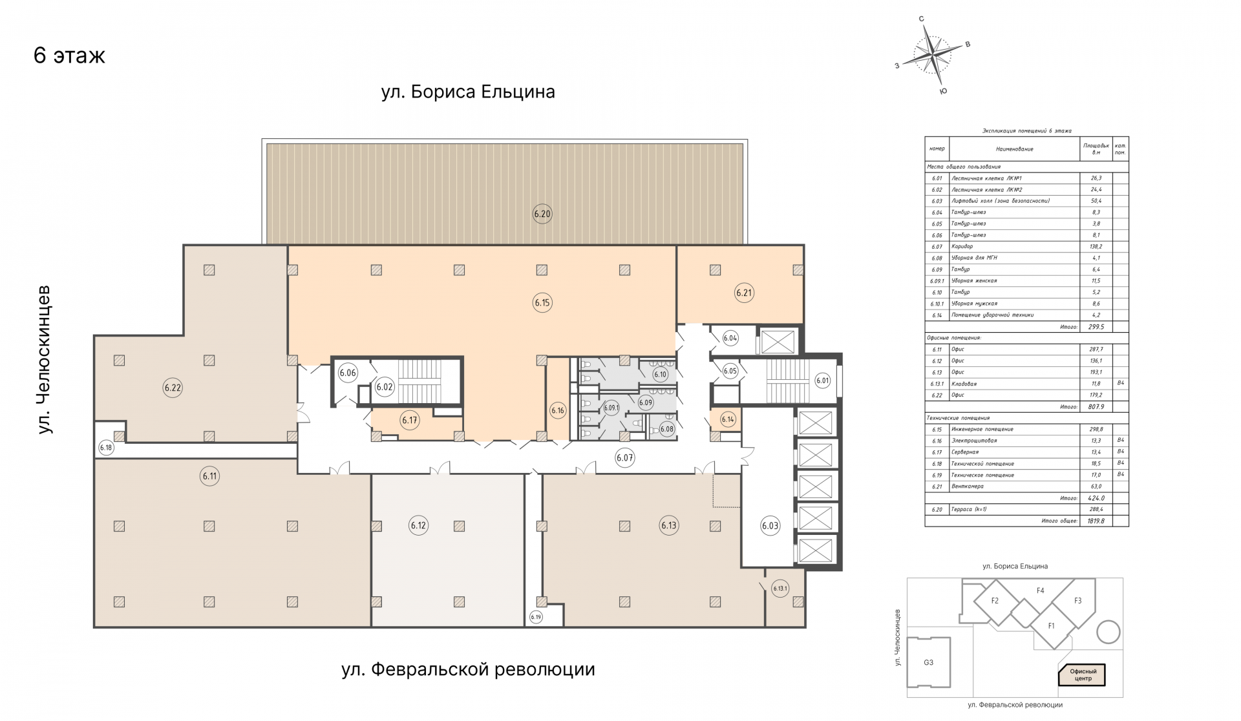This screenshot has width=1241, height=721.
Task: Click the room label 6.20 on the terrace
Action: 542,214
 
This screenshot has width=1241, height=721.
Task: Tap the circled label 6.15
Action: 542,302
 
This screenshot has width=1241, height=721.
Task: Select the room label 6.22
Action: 173,388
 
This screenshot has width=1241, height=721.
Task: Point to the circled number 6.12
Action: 418,525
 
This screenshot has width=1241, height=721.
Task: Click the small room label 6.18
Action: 106,447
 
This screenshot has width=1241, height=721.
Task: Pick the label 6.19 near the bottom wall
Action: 536,617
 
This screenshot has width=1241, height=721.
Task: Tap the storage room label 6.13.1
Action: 781,588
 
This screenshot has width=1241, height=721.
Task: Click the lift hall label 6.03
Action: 770,525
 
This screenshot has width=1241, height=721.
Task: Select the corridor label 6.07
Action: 625,458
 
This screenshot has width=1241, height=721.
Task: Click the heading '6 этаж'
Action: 69,56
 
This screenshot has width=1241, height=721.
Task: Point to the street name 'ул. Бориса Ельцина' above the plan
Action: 468,92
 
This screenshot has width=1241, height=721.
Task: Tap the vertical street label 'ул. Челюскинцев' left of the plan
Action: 44,359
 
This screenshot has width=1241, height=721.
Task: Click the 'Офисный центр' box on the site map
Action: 1083,675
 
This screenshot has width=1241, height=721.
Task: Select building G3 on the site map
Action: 928,662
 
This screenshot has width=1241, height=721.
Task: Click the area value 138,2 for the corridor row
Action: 1096,247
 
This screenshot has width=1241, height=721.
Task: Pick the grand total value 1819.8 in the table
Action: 1096,521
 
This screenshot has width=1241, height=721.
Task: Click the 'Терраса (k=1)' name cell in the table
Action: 969,509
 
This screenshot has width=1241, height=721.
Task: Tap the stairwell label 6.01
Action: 822,381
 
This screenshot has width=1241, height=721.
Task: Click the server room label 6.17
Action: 410,420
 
